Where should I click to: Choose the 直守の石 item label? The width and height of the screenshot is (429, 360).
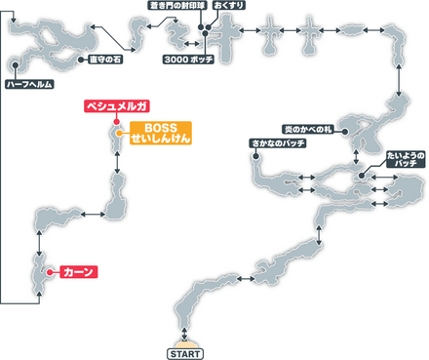101,60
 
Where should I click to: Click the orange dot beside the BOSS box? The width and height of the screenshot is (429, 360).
118,133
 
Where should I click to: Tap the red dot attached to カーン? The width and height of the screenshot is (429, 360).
47,272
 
